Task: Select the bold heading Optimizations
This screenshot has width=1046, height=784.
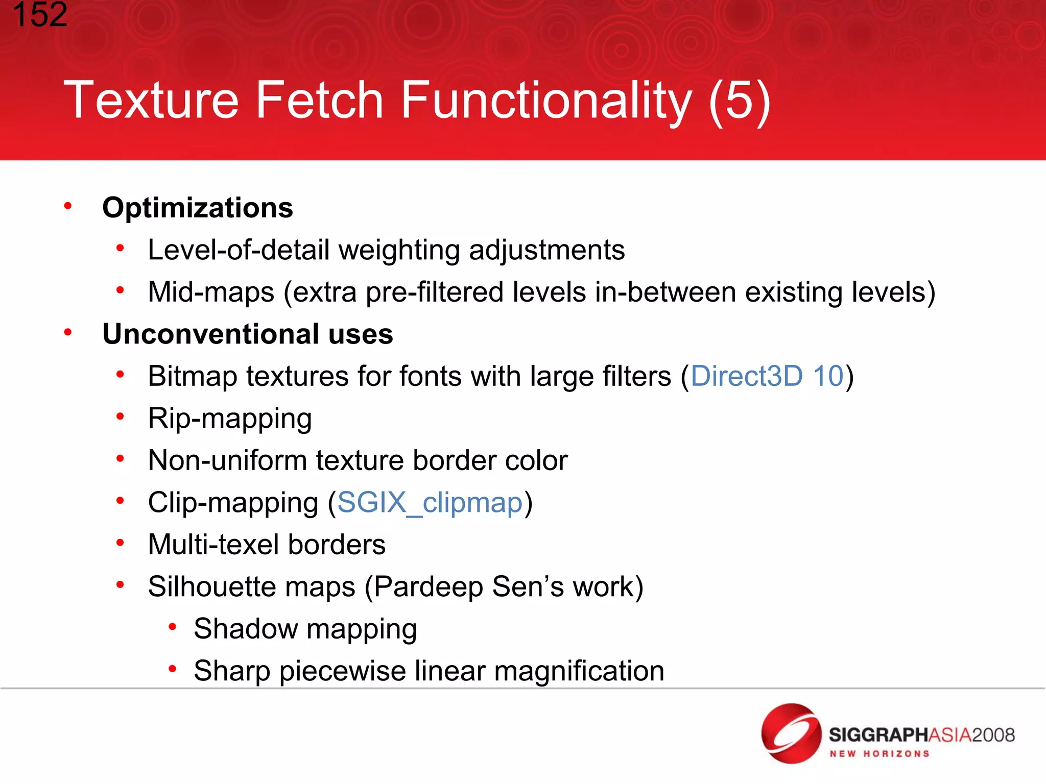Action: click(x=198, y=208)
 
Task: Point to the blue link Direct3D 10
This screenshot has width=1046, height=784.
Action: click(x=767, y=376)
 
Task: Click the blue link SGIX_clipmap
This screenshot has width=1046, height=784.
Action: click(x=430, y=503)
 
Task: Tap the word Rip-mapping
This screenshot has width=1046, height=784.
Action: click(x=230, y=419)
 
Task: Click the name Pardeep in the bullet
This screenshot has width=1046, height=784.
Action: click(x=429, y=586)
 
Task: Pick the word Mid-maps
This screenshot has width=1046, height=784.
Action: click(x=211, y=292)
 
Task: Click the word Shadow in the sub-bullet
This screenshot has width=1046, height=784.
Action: click(x=246, y=628)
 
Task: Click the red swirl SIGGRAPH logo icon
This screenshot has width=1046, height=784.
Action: click(x=791, y=733)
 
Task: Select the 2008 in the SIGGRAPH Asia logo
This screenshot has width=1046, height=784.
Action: click(x=993, y=735)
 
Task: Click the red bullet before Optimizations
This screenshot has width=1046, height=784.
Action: click(x=68, y=206)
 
